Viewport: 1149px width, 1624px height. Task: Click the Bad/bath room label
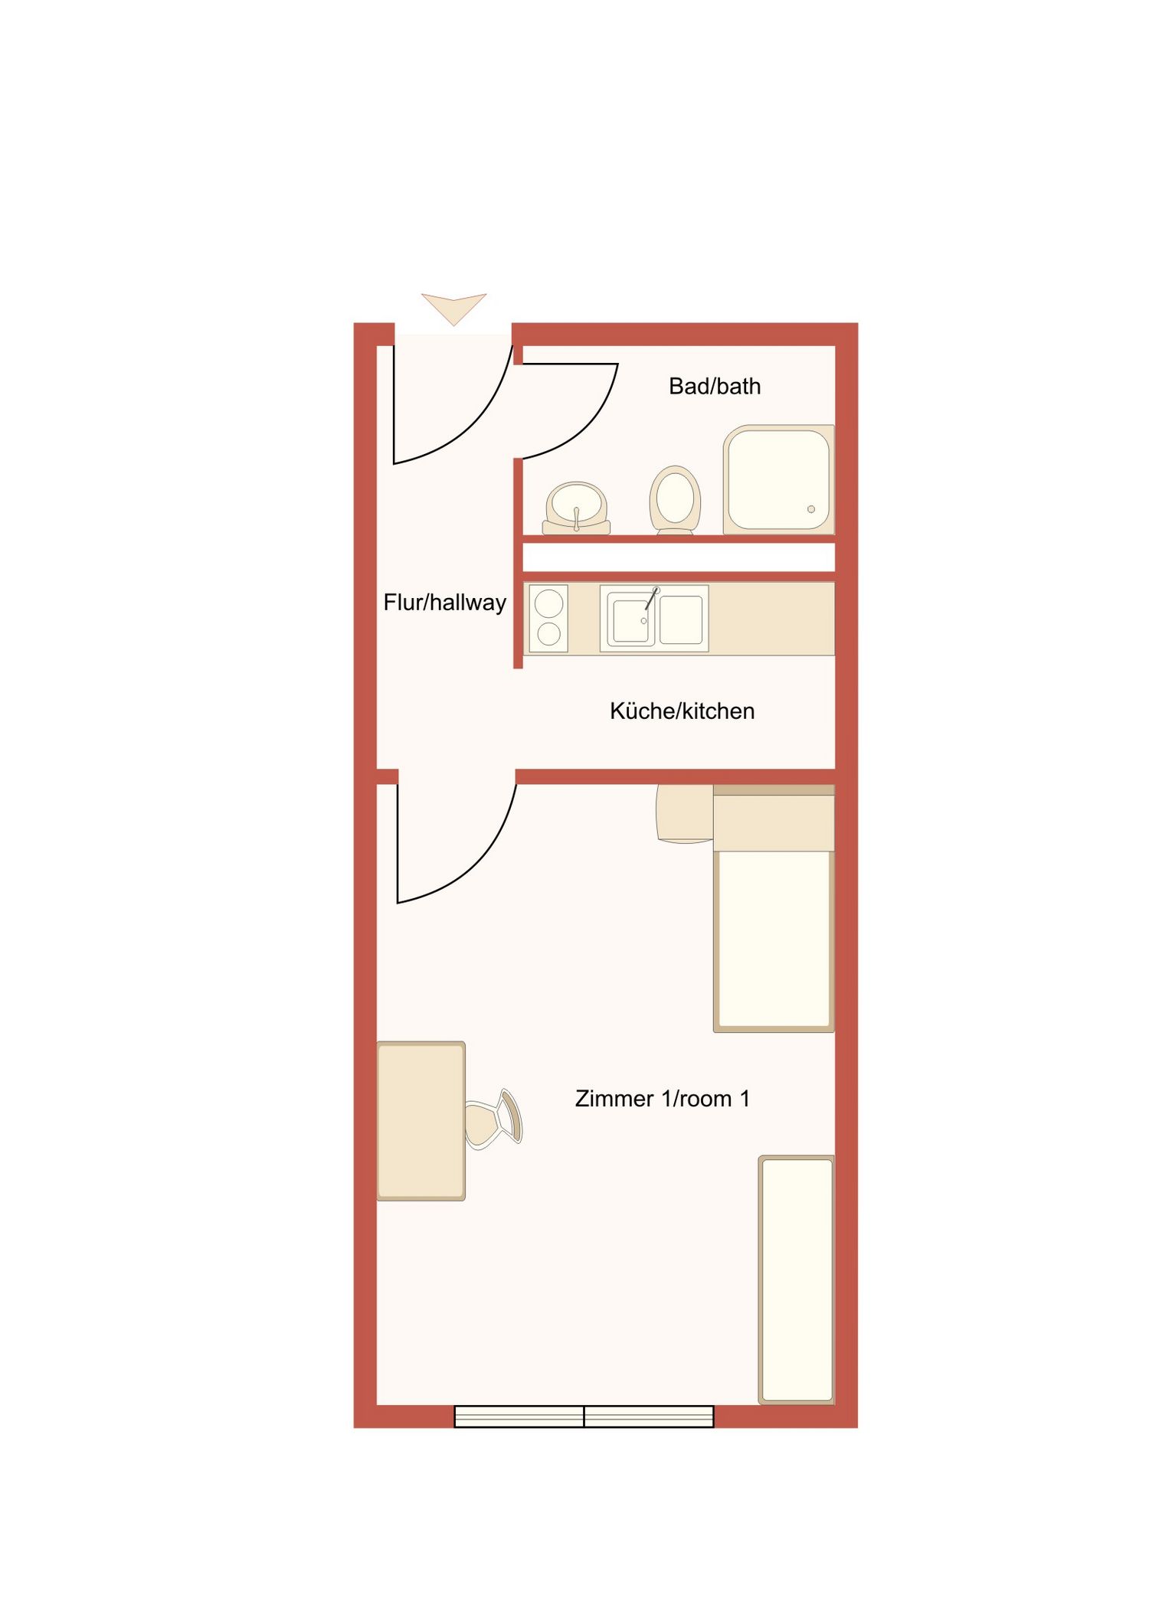click(x=714, y=387)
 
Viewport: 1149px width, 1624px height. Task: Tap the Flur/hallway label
click(x=444, y=603)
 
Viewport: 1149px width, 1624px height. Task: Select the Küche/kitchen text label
click(x=682, y=711)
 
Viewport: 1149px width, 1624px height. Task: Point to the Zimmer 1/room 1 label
click(x=662, y=1099)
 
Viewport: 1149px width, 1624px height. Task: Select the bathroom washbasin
click(x=576, y=506)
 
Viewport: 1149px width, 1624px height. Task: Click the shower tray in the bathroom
click(x=778, y=479)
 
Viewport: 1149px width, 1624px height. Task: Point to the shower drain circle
click(x=811, y=509)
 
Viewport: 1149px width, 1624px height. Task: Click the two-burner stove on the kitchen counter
click(x=548, y=619)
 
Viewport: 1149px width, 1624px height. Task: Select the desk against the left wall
click(x=421, y=1120)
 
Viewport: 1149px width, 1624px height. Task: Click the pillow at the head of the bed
click(x=774, y=822)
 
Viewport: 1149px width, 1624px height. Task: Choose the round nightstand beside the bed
click(x=685, y=813)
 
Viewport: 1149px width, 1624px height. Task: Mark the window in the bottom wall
click(x=584, y=1417)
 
